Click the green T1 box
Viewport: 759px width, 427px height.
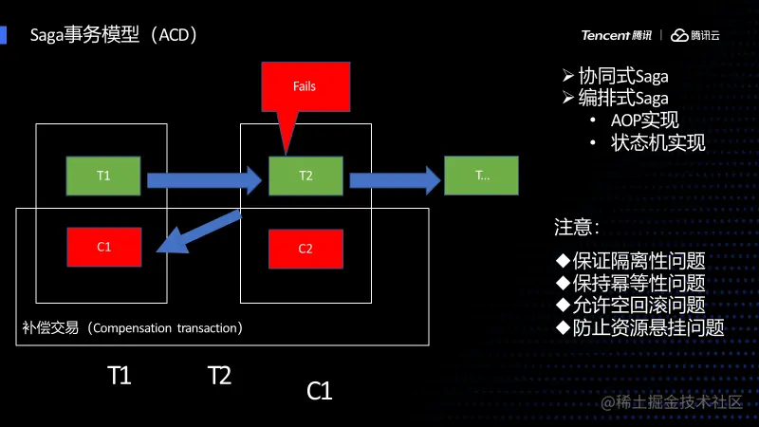(x=103, y=176)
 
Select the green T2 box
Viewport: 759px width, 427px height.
(x=305, y=176)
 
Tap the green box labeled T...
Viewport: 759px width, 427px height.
(x=482, y=176)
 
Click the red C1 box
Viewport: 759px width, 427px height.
(x=104, y=247)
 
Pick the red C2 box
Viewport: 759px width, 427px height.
(x=305, y=249)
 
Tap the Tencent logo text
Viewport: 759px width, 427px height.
(x=617, y=35)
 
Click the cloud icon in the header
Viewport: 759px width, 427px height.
(x=679, y=36)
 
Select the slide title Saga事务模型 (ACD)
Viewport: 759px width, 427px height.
(x=114, y=36)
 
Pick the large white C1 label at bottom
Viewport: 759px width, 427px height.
(x=320, y=390)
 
